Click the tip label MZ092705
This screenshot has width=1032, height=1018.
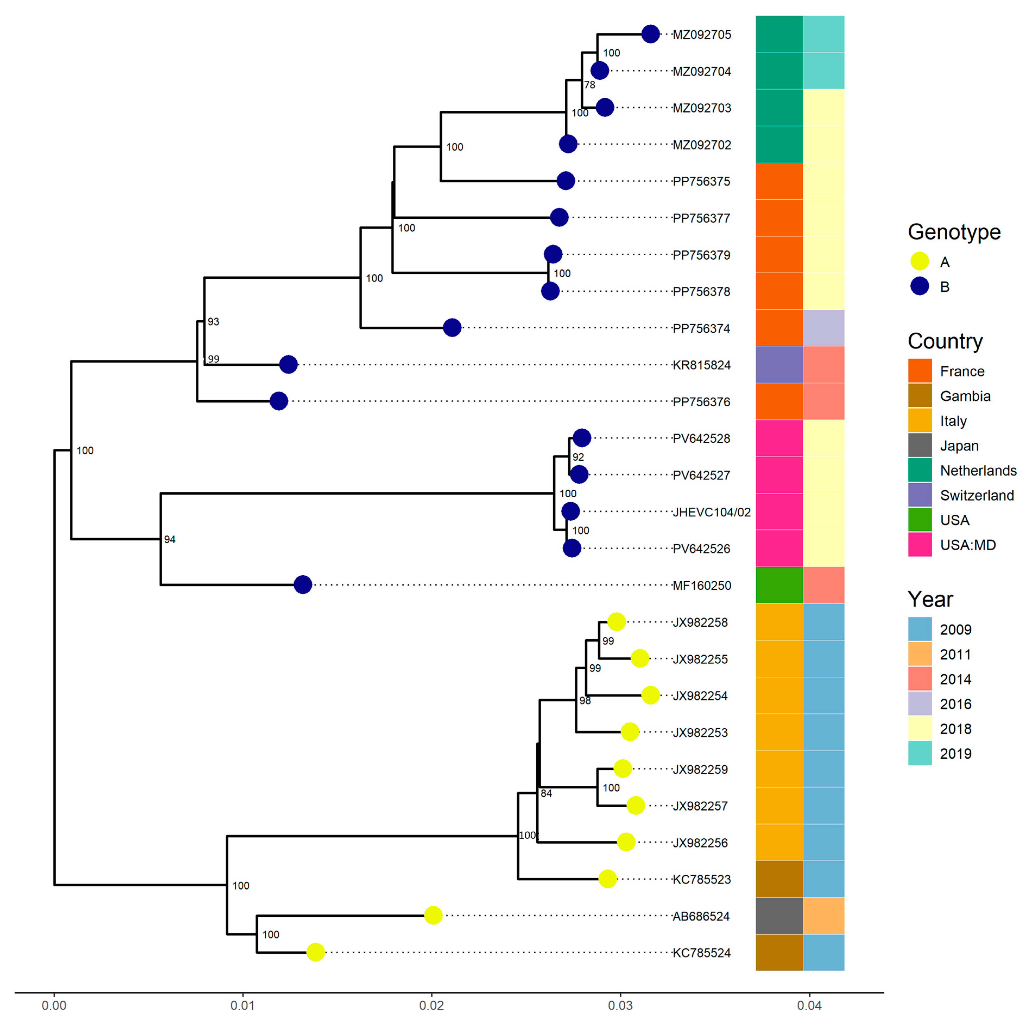(x=701, y=35)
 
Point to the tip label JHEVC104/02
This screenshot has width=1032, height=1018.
(x=711, y=512)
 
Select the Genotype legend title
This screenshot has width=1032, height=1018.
(x=954, y=232)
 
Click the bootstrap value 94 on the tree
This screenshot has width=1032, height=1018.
(x=169, y=539)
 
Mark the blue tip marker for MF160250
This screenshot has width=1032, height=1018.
(x=303, y=585)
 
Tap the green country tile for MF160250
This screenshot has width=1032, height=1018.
(x=779, y=585)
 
